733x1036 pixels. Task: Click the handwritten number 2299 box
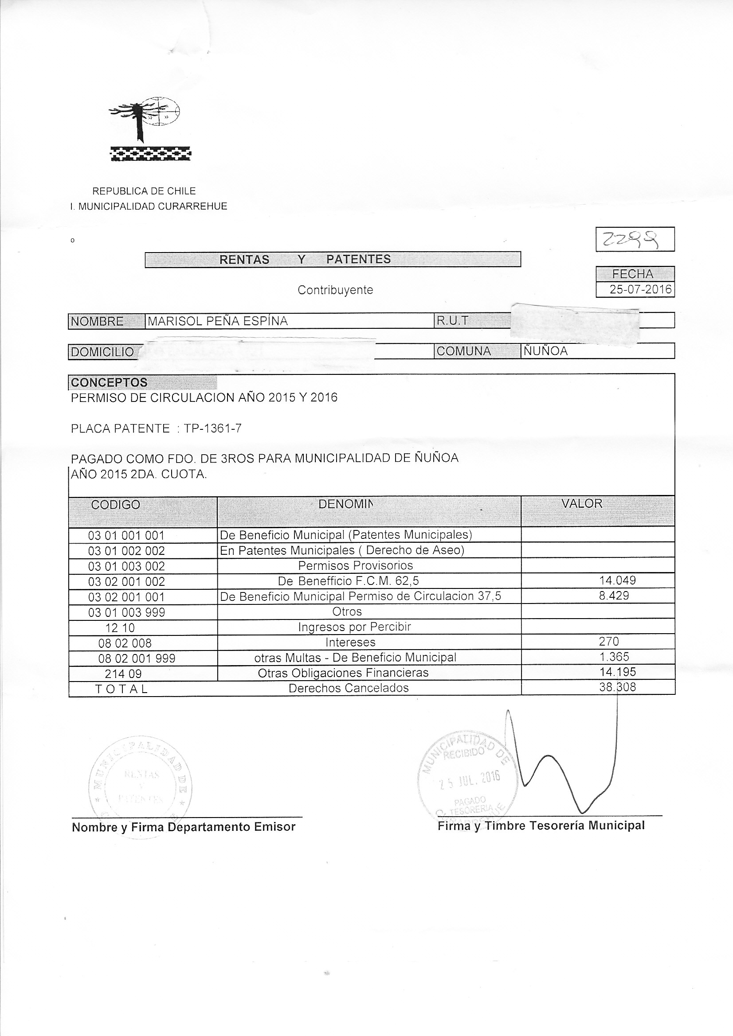(x=635, y=239)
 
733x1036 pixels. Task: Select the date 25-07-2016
(x=640, y=289)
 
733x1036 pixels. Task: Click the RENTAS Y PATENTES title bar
(x=333, y=260)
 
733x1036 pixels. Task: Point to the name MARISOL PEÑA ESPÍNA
(x=218, y=321)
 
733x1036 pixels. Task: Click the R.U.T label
(x=451, y=321)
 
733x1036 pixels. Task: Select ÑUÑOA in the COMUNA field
(x=545, y=351)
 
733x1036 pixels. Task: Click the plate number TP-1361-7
(x=212, y=428)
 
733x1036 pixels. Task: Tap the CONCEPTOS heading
(x=109, y=382)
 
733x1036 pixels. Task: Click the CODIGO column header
(x=116, y=504)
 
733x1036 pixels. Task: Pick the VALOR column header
(x=582, y=503)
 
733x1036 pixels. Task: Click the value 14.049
(x=617, y=580)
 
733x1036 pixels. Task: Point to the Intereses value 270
(x=609, y=641)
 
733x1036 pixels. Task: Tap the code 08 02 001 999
(x=137, y=658)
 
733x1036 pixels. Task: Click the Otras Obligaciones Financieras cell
(x=343, y=673)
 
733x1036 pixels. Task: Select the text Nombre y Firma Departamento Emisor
(x=184, y=827)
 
